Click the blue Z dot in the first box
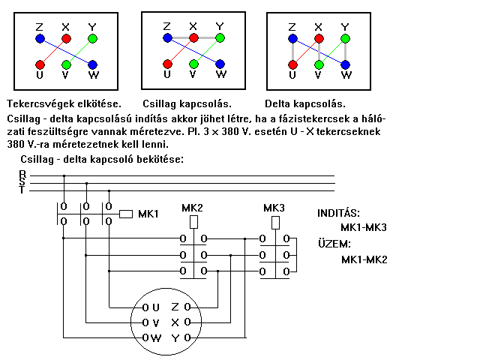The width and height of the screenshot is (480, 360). pyautogui.click(x=40, y=37)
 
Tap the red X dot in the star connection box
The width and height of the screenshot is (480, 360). pyautogui.click(x=193, y=37)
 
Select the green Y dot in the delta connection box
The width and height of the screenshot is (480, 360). pyautogui.click(x=344, y=37)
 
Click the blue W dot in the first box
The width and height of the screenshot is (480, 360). pyautogui.click(x=93, y=64)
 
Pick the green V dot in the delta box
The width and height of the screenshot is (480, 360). pyautogui.click(x=319, y=64)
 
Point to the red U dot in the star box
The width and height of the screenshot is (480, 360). pyautogui.click(x=166, y=64)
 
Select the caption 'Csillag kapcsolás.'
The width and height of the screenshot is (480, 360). pyautogui.click(x=187, y=103)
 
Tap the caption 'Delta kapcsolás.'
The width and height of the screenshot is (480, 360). pyautogui.click(x=310, y=103)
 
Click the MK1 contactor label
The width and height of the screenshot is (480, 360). pyautogui.click(x=148, y=214)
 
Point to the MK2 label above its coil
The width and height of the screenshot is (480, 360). pyautogui.click(x=193, y=208)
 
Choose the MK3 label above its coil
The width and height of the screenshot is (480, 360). pyautogui.click(x=274, y=208)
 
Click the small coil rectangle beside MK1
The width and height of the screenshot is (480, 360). pyautogui.click(x=127, y=214)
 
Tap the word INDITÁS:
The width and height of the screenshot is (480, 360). pyautogui.click(x=338, y=213)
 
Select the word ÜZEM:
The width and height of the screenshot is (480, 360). pyautogui.click(x=334, y=244)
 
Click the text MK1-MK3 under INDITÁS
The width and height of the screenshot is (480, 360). pyautogui.click(x=364, y=227)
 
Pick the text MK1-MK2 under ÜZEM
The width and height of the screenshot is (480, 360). pyautogui.click(x=364, y=259)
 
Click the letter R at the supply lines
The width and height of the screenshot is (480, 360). pyautogui.click(x=22, y=174)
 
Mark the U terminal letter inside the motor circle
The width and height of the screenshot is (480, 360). pyautogui.click(x=155, y=307)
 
